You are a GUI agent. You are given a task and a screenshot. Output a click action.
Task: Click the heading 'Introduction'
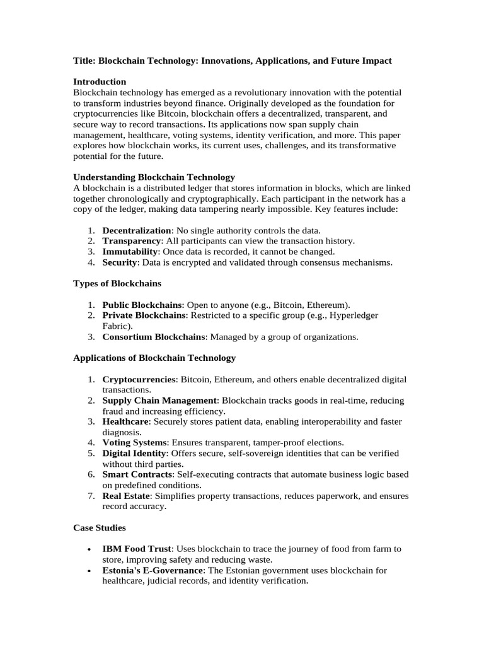(x=100, y=82)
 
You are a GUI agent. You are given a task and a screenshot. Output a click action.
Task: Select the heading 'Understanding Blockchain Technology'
(x=154, y=177)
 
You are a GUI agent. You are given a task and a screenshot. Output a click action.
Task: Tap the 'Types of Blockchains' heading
(x=117, y=283)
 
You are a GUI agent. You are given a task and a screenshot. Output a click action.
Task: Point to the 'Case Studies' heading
(x=100, y=527)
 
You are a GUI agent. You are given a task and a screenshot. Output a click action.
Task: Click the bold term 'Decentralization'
(x=137, y=231)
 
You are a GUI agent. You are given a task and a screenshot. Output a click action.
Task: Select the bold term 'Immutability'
(x=130, y=252)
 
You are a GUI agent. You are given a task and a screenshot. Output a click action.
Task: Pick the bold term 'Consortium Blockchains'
(x=154, y=337)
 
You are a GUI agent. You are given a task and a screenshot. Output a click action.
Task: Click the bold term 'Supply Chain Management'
(x=160, y=401)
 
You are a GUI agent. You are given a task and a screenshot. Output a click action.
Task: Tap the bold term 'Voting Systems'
(x=134, y=443)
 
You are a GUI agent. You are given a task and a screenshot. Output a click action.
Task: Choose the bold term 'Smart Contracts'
(x=137, y=474)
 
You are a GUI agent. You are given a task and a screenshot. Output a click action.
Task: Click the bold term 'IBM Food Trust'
(x=136, y=549)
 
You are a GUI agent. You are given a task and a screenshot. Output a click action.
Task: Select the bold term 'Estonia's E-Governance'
(x=153, y=570)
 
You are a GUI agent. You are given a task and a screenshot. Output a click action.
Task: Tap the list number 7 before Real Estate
(x=91, y=496)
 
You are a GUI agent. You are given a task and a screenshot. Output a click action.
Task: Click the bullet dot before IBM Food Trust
(x=92, y=549)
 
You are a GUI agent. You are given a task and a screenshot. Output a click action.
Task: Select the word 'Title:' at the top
(x=85, y=61)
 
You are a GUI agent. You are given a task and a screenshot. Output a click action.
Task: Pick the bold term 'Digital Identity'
(x=135, y=454)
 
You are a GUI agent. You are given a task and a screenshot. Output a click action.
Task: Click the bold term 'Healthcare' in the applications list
(x=126, y=421)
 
